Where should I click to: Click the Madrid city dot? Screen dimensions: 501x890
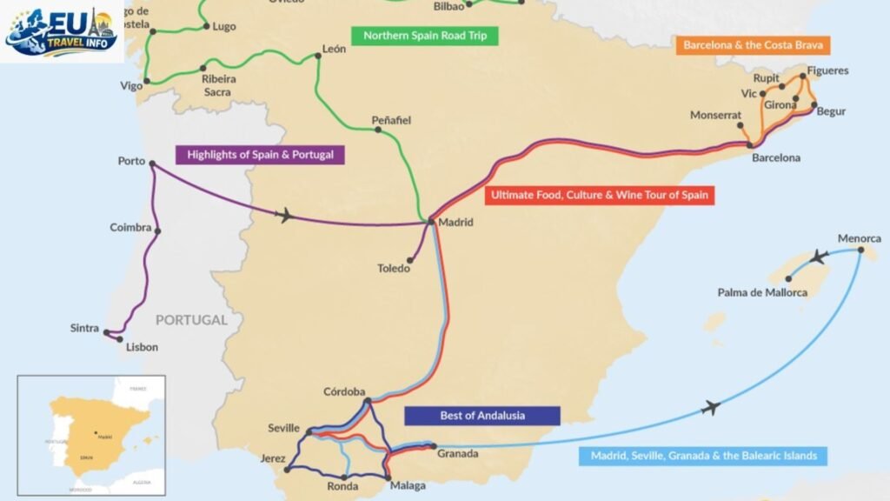[x=431, y=223]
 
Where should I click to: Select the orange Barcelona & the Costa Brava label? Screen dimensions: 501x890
[x=753, y=44]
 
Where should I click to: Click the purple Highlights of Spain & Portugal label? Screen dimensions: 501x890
[x=260, y=156]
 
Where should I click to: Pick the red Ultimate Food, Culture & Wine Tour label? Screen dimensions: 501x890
[x=600, y=196]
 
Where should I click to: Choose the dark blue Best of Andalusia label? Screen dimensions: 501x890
[x=482, y=415]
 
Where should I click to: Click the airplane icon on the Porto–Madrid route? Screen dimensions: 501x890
[x=284, y=215]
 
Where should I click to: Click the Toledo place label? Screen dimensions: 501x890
[x=393, y=269]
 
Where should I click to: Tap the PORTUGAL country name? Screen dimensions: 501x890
[x=191, y=320]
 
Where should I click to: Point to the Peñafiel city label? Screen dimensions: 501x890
[x=390, y=119]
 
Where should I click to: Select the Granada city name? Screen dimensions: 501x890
[x=457, y=453]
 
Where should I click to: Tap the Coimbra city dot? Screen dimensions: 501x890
[x=157, y=230]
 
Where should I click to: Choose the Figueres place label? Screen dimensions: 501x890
[x=827, y=70]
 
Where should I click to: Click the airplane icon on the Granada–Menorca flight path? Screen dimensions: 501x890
[x=711, y=407]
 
